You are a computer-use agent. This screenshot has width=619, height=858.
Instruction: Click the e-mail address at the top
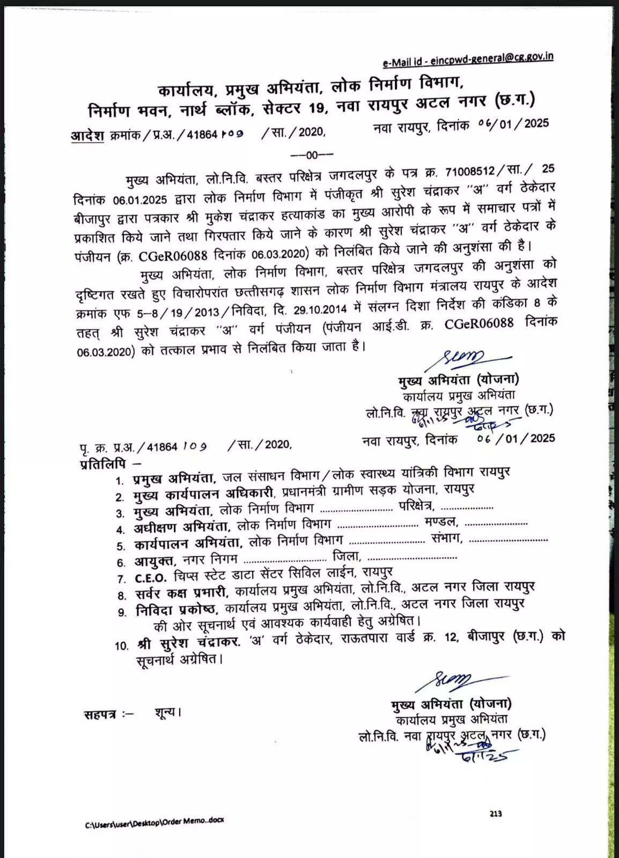pyautogui.click(x=468, y=60)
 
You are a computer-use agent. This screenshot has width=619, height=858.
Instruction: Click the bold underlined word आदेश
pyautogui.click(x=87, y=135)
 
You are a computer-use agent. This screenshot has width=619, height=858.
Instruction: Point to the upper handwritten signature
pyautogui.click(x=462, y=358)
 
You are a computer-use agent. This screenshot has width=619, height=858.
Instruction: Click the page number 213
pyautogui.click(x=496, y=813)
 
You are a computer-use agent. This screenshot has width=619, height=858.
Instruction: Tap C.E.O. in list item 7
pyautogui.click(x=152, y=578)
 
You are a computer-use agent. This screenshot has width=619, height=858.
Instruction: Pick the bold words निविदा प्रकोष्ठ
pyautogui.click(x=176, y=610)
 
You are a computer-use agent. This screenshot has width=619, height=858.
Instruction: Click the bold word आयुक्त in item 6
pyautogui.click(x=154, y=561)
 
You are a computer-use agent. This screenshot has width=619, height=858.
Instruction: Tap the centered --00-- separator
pyautogui.click(x=312, y=155)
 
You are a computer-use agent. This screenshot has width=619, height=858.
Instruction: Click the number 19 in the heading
pyautogui.click(x=317, y=107)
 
